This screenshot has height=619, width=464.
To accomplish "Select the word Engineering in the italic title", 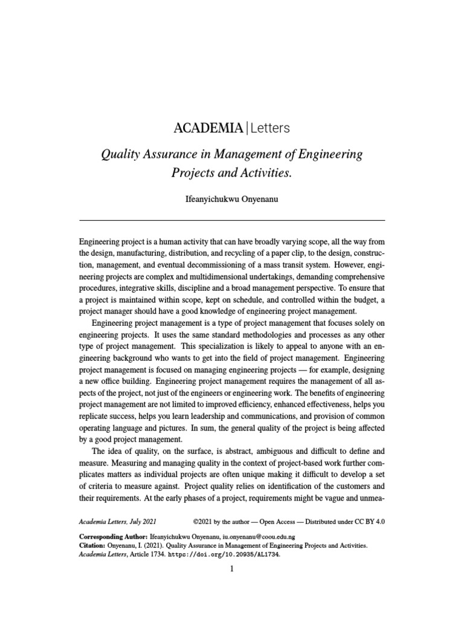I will pos(333,154).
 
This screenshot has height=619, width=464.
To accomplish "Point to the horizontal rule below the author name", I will pos(231,219).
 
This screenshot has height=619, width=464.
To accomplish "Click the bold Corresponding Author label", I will pos(113,537).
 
